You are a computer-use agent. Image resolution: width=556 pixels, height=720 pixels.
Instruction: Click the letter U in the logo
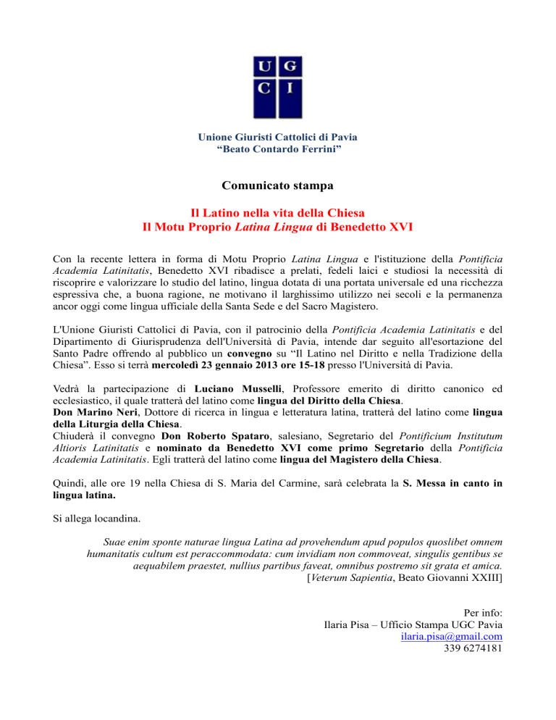(x=264, y=68)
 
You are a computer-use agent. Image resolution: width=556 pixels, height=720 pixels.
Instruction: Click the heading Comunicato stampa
(x=277, y=185)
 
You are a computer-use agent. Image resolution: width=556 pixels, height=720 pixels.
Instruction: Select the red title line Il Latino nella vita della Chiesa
(x=277, y=213)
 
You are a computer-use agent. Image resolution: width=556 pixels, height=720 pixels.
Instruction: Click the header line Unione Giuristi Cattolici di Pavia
(x=278, y=136)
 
